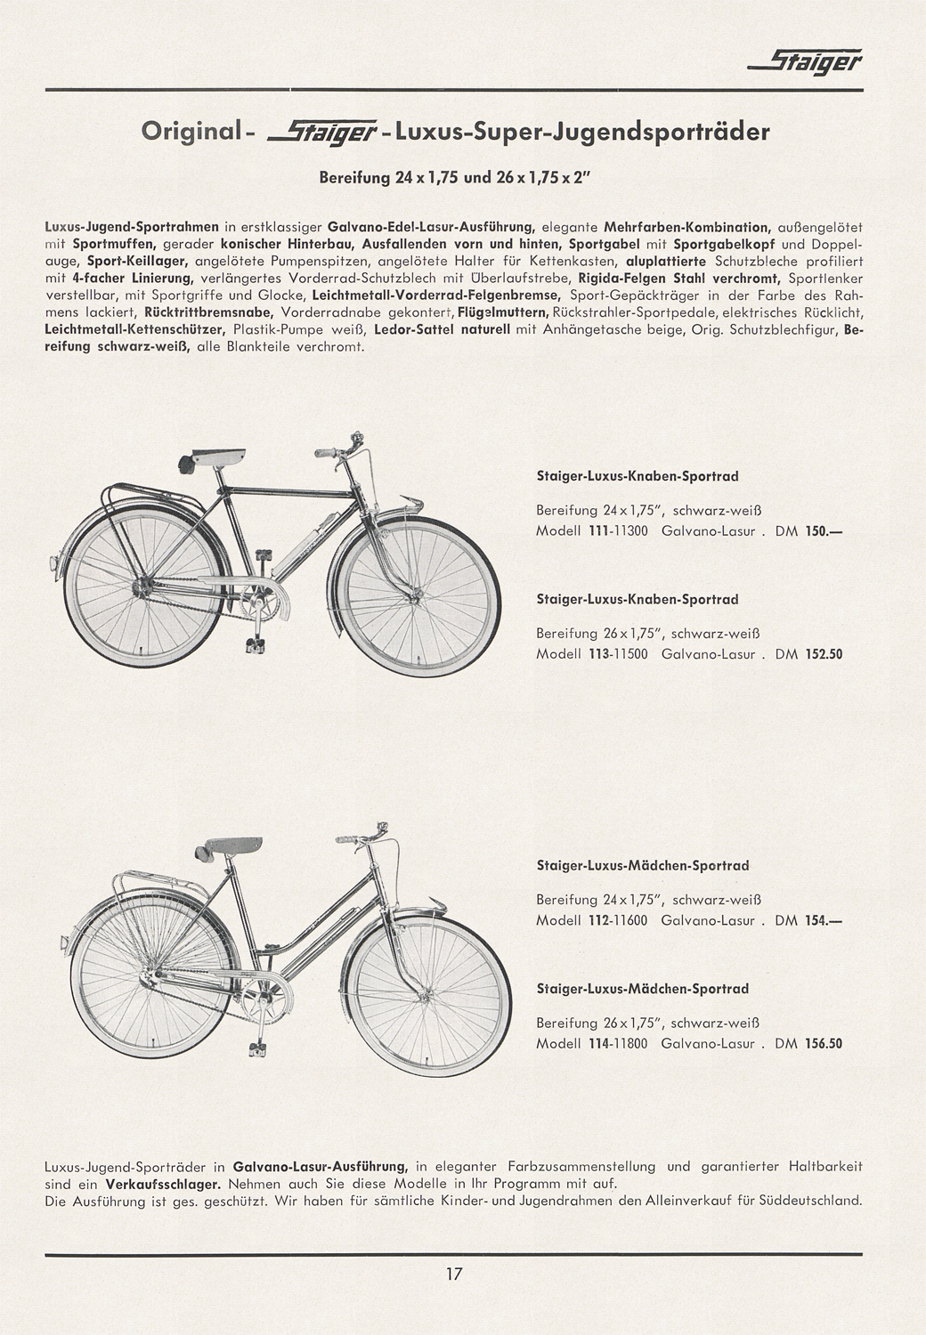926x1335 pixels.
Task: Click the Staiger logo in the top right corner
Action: coord(806,61)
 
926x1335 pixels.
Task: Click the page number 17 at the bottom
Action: coord(454,1274)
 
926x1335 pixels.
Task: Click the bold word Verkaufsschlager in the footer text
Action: coord(164,1185)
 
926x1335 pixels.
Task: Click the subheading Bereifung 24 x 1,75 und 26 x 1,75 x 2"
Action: coord(454,176)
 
